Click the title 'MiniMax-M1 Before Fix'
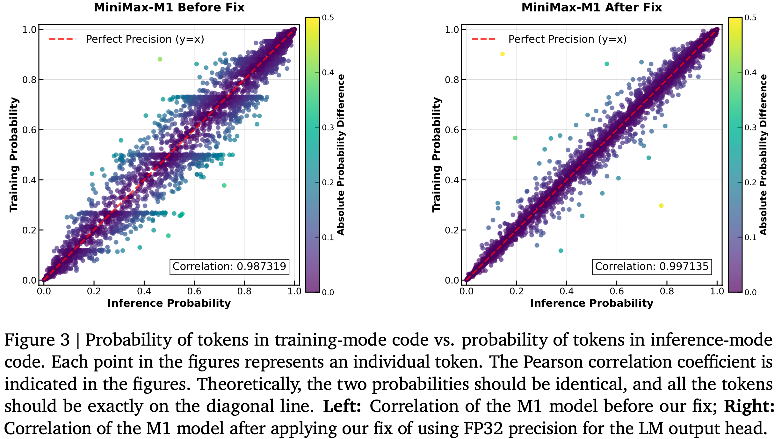point(169,7)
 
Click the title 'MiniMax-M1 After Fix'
point(591,7)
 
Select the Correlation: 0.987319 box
point(229,267)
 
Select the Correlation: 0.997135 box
point(652,267)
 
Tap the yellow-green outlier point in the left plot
point(160,59)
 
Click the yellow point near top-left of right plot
point(503,54)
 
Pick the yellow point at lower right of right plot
point(661,206)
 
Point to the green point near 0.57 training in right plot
point(515,138)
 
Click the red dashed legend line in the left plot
point(62,39)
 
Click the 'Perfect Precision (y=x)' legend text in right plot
point(567,39)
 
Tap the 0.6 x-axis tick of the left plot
point(194,291)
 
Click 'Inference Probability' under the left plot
point(169,303)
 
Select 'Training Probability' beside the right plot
point(436,155)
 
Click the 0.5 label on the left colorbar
point(328,18)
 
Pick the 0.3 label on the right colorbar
point(750,128)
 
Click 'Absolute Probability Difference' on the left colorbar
point(341,155)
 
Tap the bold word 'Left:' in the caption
point(342,406)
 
